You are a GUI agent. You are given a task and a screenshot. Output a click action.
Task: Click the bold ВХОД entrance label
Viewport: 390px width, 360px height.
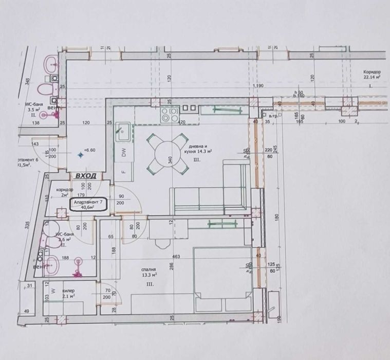pos(85,176)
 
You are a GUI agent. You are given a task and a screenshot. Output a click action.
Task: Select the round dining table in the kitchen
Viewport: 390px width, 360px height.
pos(168,153)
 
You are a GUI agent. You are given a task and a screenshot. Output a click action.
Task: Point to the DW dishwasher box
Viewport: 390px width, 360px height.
pos(124,152)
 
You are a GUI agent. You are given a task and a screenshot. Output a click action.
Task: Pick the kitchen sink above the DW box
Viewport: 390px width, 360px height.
pos(123,133)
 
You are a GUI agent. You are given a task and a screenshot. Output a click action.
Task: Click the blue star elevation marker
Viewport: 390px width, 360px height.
pos(79,154)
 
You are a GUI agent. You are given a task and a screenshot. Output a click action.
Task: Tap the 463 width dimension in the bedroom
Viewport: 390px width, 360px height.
pos(163,256)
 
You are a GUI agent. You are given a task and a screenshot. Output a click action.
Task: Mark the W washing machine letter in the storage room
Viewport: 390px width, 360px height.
pos(52,290)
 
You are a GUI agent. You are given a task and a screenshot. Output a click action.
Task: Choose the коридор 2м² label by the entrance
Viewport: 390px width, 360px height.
pos(65,192)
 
